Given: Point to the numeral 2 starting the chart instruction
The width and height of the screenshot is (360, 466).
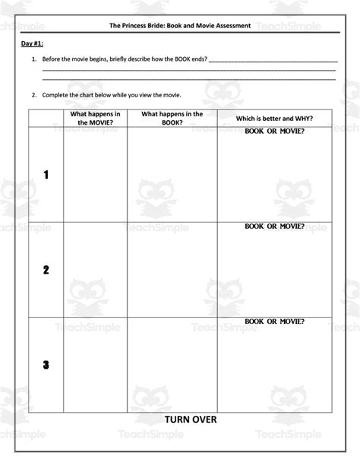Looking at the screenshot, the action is [33, 95].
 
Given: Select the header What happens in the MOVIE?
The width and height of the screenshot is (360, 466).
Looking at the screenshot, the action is [95, 117].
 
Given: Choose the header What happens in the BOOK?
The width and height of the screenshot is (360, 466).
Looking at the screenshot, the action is [172, 117].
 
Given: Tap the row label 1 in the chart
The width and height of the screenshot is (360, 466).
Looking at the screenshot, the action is [46, 175].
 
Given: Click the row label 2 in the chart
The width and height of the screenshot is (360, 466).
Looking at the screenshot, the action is [46, 270].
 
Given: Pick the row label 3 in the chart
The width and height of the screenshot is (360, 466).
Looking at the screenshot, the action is [46, 365].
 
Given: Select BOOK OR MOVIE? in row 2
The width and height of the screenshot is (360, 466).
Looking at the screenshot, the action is [274, 227].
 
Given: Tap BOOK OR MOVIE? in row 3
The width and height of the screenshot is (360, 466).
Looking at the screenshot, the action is [274, 322].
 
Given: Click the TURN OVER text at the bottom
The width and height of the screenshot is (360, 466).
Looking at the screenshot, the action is [190, 419].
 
